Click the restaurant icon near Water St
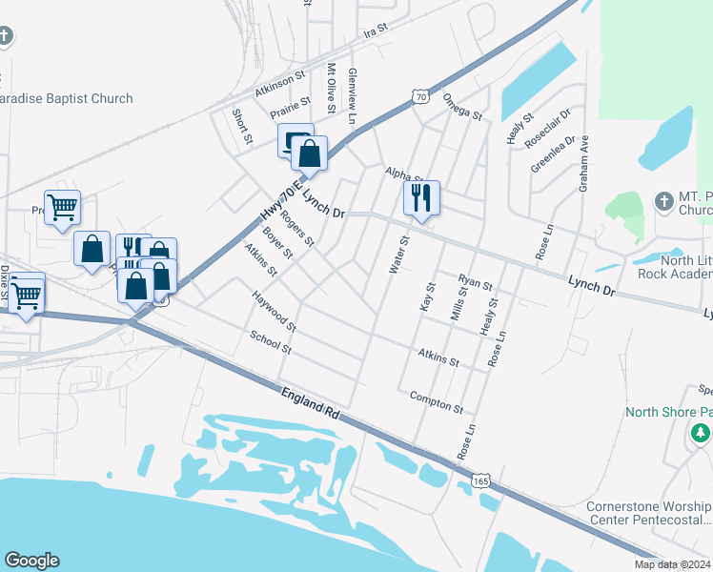[420, 198]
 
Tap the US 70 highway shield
[419, 95]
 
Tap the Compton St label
[437, 401]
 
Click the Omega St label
[462, 106]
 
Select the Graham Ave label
[584, 162]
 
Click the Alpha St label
[404, 174]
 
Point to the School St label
[270, 341]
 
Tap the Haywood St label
[275, 312]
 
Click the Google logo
[31, 561]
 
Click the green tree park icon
[701, 434]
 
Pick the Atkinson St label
[279, 84]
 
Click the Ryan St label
[475, 283]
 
